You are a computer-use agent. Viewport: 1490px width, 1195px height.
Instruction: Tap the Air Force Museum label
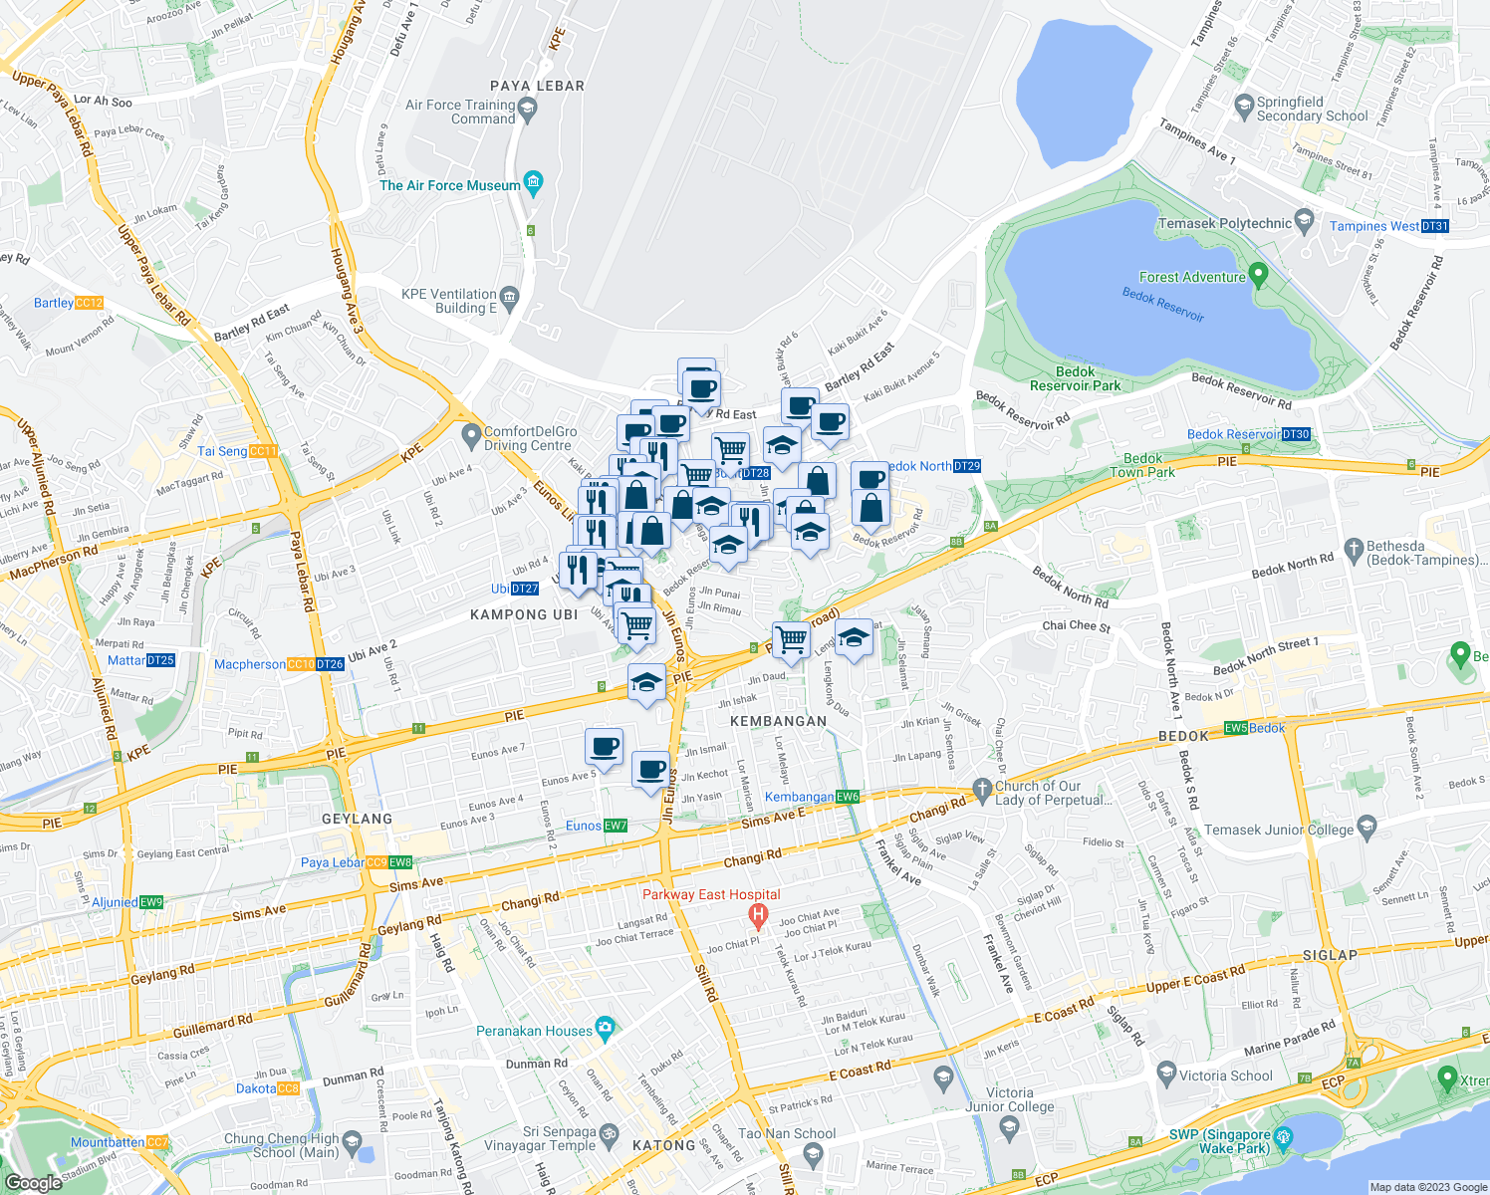point(449,185)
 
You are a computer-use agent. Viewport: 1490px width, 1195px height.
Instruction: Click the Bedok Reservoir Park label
point(1075,378)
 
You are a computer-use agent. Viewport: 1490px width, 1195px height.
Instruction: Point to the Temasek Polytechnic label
point(1227,223)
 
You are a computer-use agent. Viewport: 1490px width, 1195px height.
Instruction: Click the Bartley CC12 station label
point(68,303)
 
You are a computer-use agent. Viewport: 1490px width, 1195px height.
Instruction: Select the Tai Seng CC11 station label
point(237,451)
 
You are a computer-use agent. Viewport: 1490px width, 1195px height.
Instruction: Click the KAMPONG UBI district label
point(524,614)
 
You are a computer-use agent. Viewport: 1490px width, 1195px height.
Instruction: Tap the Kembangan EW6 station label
point(811,797)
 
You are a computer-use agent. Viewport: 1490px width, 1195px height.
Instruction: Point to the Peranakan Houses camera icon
point(605,1027)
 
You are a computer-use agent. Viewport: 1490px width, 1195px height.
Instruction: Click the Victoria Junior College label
point(1009,1099)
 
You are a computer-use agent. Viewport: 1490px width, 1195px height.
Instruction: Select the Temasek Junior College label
point(1279,830)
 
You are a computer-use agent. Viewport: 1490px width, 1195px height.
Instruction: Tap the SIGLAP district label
point(1330,954)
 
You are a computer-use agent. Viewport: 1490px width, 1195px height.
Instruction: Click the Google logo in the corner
point(33,1182)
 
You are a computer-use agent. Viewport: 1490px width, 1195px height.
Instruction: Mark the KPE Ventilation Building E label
point(448,301)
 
